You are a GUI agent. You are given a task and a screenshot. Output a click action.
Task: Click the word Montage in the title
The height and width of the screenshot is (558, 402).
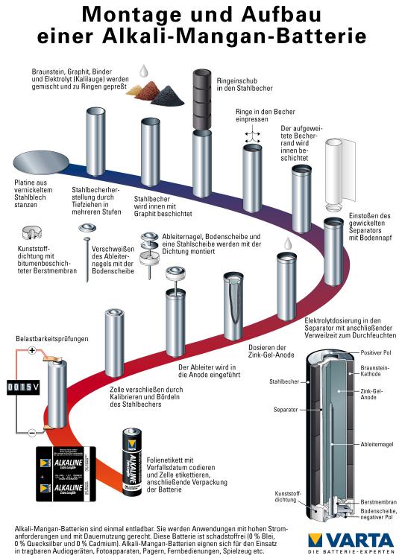click(x=131, y=15)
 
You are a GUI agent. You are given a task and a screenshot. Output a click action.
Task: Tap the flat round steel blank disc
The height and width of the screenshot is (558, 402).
click(x=41, y=162)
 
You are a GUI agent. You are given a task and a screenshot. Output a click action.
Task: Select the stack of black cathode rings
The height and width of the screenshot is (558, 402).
click(x=202, y=99)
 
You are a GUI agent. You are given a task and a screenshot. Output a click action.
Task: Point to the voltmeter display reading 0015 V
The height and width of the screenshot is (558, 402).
click(x=24, y=387)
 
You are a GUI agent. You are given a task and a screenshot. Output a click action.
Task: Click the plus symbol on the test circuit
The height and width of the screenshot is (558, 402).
click(x=32, y=351)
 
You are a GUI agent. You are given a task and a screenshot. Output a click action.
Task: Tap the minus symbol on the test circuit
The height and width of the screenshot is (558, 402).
click(x=32, y=432)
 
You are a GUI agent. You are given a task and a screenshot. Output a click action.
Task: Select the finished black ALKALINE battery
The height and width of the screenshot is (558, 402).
click(x=132, y=463)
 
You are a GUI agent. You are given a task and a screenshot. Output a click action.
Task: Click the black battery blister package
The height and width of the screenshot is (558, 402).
click(x=66, y=474)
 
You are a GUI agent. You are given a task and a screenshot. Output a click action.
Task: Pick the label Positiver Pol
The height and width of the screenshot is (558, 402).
click(x=376, y=352)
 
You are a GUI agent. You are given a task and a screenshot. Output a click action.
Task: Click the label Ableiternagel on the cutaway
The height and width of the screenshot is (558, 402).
click(x=377, y=444)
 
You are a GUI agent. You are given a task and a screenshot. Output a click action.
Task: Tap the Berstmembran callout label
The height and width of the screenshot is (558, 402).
click(x=378, y=502)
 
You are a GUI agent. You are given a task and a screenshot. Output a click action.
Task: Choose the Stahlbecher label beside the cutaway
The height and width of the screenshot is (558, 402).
click(x=284, y=381)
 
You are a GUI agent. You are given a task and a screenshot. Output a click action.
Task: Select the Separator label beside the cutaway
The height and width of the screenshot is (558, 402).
click(x=286, y=410)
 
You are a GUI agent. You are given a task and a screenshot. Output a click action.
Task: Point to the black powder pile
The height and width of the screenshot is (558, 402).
click(x=167, y=95)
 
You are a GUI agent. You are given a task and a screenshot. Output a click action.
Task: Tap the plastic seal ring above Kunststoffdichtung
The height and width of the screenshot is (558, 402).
click(x=32, y=232)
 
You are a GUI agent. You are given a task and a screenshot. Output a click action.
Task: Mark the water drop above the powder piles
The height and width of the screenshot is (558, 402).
click(x=144, y=71)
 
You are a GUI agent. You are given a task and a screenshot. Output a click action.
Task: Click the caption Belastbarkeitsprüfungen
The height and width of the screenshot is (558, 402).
click(x=52, y=339)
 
